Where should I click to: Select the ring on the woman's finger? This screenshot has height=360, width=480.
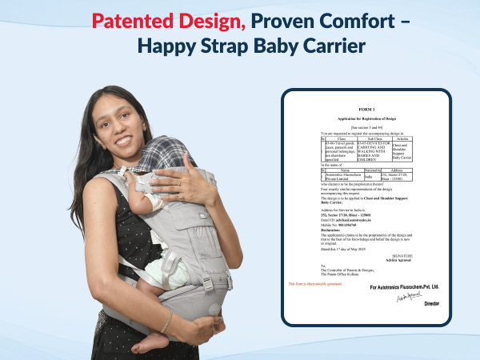click(182, 195)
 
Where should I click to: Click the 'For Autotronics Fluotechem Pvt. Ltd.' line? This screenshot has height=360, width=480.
click(404, 286)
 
